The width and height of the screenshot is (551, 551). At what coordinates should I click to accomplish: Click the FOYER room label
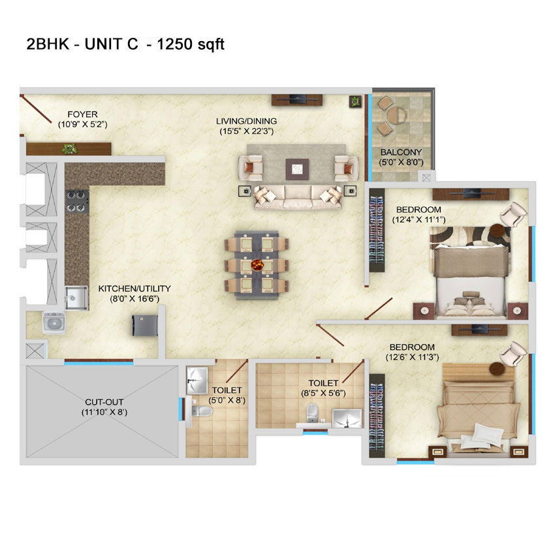82,114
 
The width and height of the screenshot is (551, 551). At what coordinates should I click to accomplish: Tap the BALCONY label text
401,153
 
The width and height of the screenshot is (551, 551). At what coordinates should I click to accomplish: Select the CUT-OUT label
104,402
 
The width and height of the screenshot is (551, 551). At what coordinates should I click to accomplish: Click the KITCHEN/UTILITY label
134,289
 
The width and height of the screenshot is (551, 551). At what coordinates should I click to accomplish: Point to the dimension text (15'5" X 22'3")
246,131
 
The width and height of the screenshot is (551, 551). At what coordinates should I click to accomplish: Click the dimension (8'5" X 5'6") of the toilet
323,393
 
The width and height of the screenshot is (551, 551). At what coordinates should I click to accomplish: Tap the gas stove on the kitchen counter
77,201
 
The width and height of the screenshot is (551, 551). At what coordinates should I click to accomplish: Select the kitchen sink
76,298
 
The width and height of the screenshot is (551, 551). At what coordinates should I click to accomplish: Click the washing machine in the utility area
54,323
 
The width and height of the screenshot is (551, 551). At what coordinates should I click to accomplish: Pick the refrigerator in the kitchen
144,326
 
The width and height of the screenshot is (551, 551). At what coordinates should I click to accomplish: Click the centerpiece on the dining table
257,264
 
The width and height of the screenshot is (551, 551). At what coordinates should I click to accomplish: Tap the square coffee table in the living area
297,169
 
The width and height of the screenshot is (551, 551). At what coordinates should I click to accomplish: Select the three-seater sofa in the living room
298,197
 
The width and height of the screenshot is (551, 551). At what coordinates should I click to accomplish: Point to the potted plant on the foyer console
70,149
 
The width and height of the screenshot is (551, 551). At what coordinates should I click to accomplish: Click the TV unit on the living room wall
297,99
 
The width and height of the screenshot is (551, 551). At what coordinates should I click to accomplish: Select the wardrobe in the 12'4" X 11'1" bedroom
377,230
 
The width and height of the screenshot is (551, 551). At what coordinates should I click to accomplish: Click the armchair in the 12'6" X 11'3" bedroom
513,353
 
